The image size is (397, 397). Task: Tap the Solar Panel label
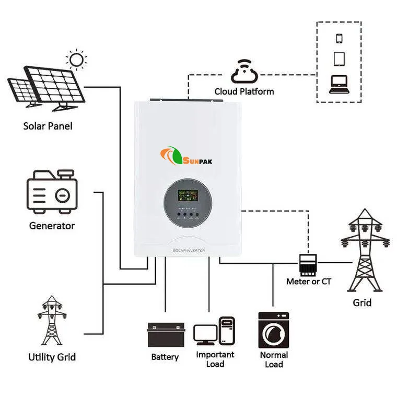click(48, 126)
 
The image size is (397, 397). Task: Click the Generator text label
click(52, 226)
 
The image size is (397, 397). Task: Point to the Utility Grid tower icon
click(51, 320)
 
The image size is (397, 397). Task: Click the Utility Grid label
click(52, 357)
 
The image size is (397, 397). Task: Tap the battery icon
click(166, 335)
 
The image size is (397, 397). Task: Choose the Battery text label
click(165, 357)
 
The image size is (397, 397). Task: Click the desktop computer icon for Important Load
click(214, 331)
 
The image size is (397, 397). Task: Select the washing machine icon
click(274, 330)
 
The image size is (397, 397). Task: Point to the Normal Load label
click(274, 359)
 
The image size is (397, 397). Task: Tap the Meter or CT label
click(309, 282)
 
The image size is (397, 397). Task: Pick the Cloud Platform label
click(244, 91)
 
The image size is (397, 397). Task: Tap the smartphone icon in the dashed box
click(338, 38)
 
